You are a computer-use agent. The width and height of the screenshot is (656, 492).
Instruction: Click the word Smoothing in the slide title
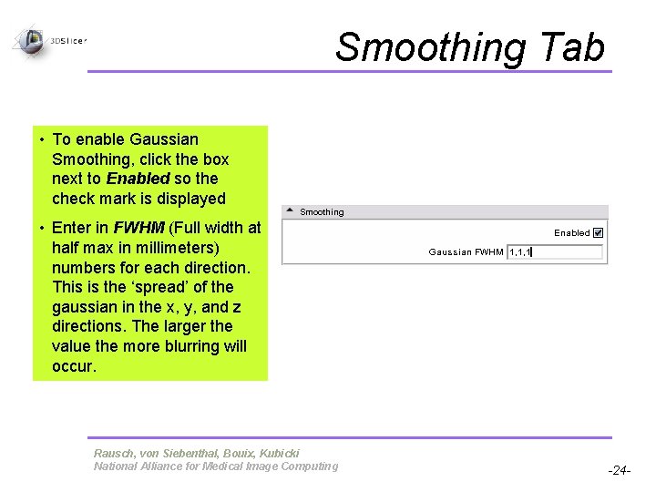pyautogui.click(x=427, y=47)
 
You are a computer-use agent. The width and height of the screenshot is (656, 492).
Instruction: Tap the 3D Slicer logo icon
pyautogui.click(x=30, y=41)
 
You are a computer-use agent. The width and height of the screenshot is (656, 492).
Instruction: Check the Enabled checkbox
pyautogui.click(x=598, y=232)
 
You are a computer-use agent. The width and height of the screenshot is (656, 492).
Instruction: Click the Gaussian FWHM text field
pyautogui.click(x=555, y=251)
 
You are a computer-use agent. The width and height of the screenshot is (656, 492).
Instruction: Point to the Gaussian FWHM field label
pyautogui.click(x=466, y=251)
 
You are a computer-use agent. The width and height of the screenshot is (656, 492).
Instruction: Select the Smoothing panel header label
pyautogui.click(x=322, y=212)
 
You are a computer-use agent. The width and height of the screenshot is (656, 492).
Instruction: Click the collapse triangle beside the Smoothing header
pyautogui.click(x=290, y=211)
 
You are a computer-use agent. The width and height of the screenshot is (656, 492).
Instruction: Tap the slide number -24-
pyautogui.click(x=619, y=471)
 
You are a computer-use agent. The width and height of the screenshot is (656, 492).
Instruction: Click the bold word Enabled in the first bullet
pyautogui.click(x=138, y=179)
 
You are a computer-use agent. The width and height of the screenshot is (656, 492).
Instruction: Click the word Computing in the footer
pyautogui.click(x=305, y=466)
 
